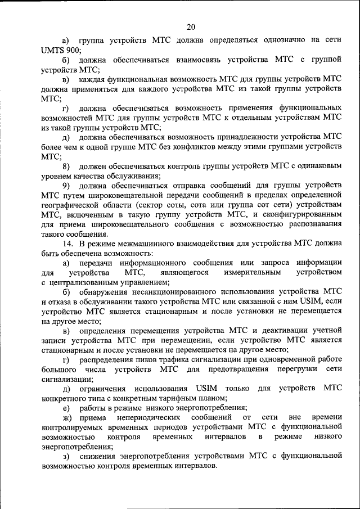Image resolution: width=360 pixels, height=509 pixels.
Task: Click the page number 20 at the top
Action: click(x=191, y=26)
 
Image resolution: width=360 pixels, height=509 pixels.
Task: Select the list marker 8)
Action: click(x=66, y=166)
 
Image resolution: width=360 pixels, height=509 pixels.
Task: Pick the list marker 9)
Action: click(x=66, y=186)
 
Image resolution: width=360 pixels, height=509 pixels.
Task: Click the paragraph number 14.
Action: click(x=67, y=244)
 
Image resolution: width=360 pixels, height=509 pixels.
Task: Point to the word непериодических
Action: click(x=148, y=418)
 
